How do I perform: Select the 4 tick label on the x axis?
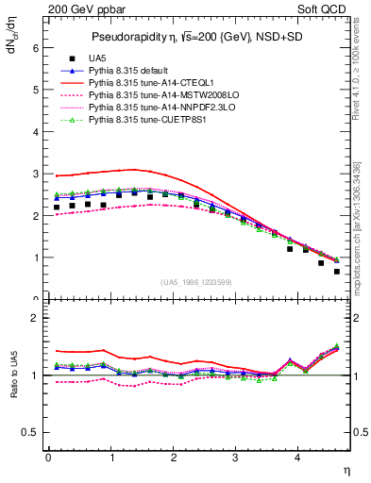pos(298,459)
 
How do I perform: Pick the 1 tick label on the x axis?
pos(111,459)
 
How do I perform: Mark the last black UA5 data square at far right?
pos(337,272)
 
